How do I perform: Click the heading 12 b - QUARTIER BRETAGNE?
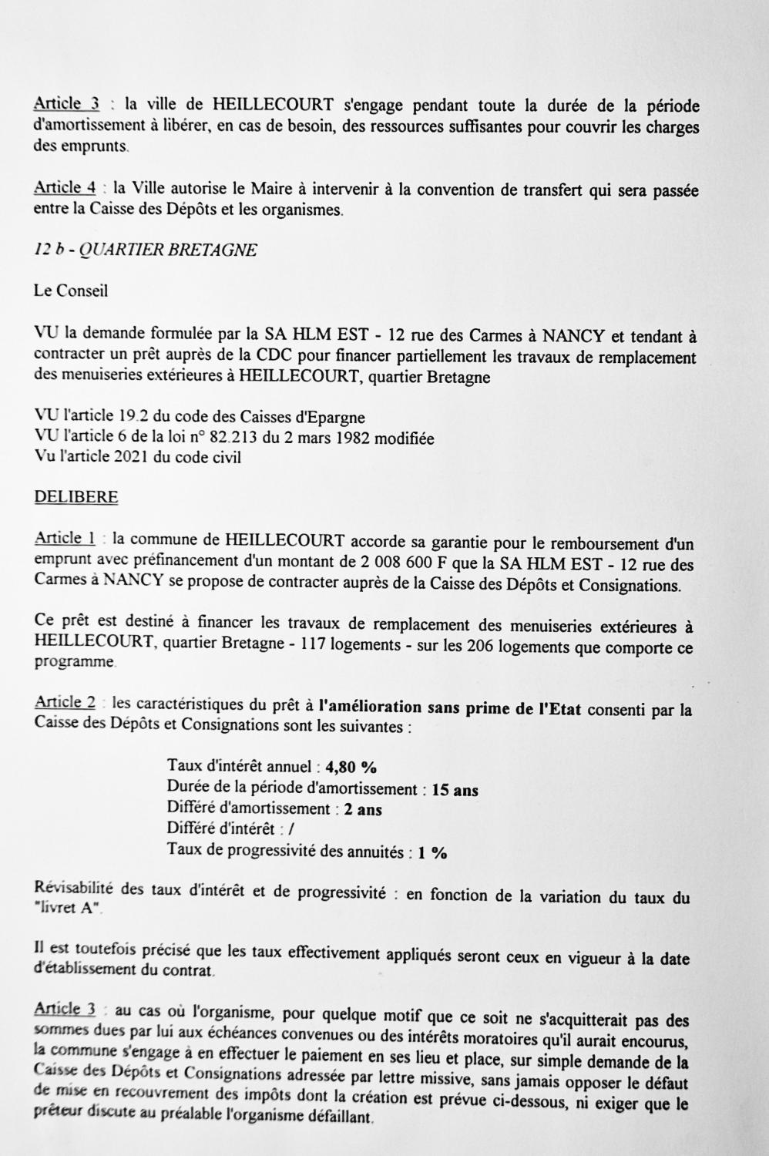[x=146, y=250]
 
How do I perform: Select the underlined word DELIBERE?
[x=76, y=497]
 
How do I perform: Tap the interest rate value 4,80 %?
[x=351, y=767]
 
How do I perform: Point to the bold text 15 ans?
[x=455, y=790]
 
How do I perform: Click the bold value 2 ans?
[x=363, y=810]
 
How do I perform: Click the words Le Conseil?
[x=71, y=291]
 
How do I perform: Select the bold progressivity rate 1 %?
[x=432, y=853]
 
